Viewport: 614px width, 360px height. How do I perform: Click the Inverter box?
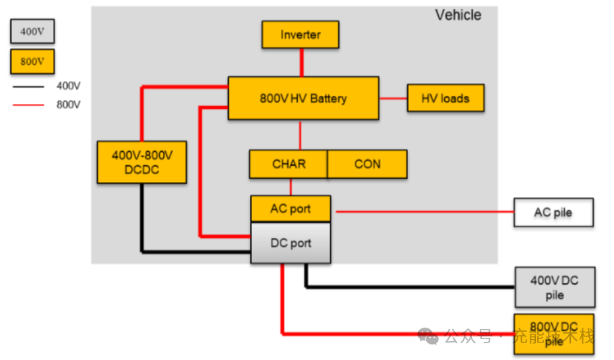(x=301, y=34)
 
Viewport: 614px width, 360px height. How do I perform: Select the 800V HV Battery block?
(x=303, y=98)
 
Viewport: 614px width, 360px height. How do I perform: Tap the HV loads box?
(x=446, y=98)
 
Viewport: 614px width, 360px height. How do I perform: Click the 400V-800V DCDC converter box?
(x=142, y=162)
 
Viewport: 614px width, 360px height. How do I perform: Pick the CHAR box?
(x=288, y=164)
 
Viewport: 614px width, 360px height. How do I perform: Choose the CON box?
(x=367, y=164)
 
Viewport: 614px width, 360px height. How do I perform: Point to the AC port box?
(x=290, y=208)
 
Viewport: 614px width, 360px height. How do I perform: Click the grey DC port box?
(x=290, y=243)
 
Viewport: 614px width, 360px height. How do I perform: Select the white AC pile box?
(x=553, y=212)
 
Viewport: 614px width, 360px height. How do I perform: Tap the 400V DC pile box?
(x=554, y=287)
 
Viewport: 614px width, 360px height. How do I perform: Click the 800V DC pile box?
(x=554, y=334)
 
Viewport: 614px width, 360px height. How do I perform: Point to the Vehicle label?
(x=458, y=15)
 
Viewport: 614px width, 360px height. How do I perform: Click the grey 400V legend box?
(x=32, y=31)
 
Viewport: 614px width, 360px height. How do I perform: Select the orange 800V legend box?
(x=32, y=61)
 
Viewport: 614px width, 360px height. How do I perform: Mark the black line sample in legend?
(x=28, y=86)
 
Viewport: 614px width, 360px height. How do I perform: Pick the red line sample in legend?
(x=28, y=104)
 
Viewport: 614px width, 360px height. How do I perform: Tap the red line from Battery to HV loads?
(x=393, y=98)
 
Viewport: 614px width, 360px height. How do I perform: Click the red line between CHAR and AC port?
(x=290, y=187)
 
